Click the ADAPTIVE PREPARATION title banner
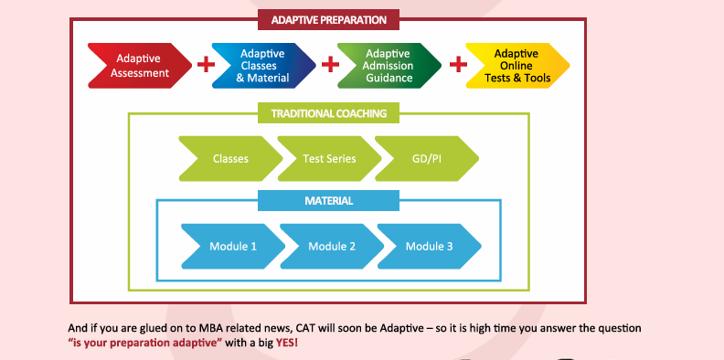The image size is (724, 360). pyautogui.click(x=328, y=19)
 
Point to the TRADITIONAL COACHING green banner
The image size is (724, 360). pyautogui.click(x=328, y=114)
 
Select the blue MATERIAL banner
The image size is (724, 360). pyautogui.click(x=328, y=200)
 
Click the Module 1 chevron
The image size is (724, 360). pyautogui.click(x=232, y=247)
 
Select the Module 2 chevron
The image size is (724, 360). pyautogui.click(x=330, y=247)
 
